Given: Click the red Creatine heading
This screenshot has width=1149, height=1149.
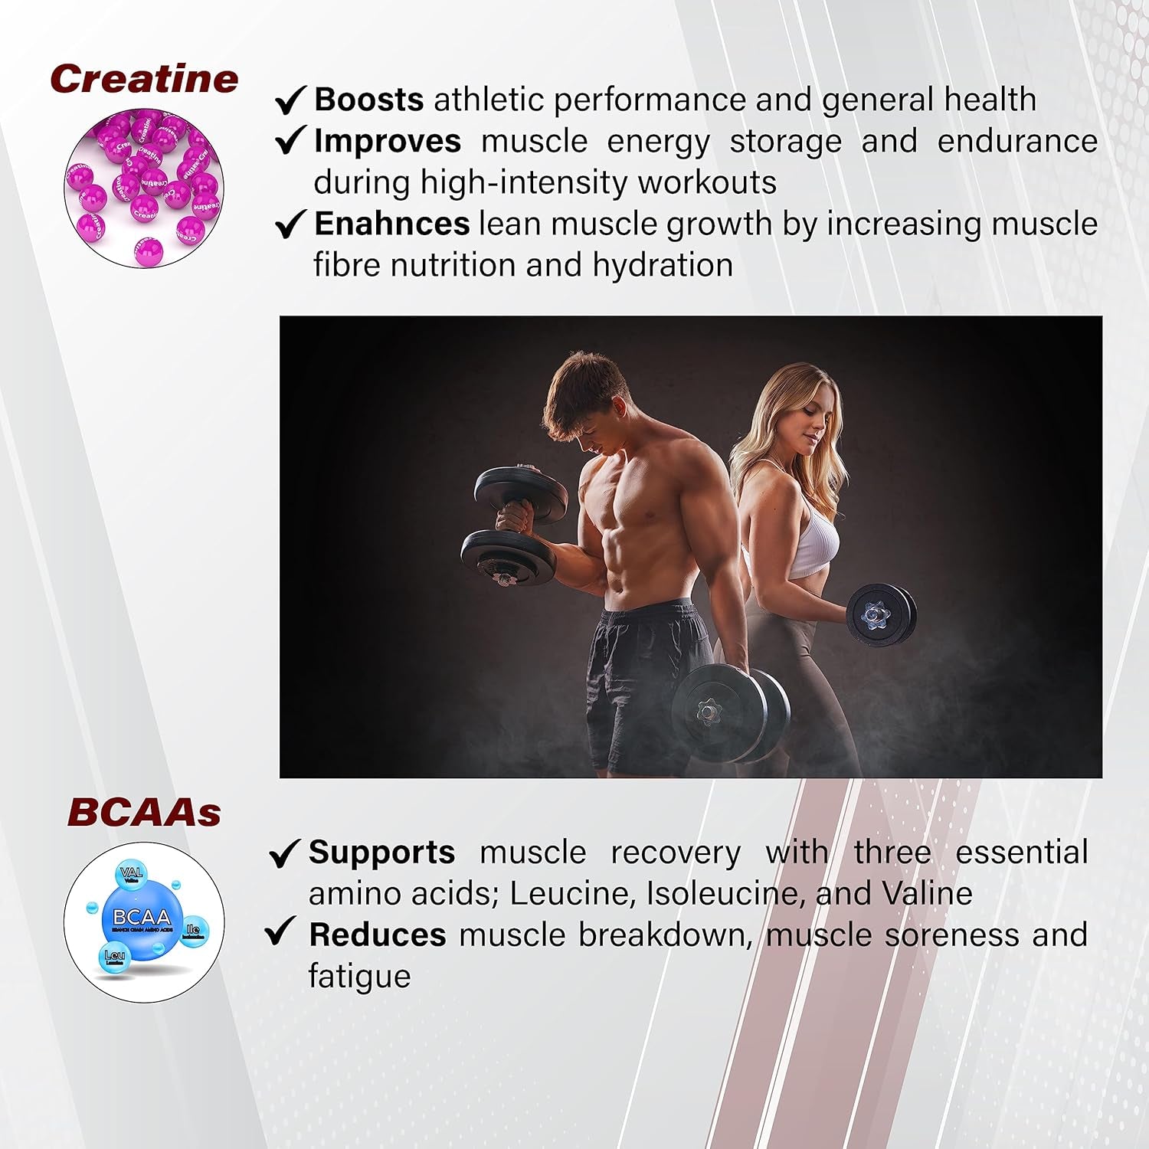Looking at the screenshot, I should (x=144, y=79).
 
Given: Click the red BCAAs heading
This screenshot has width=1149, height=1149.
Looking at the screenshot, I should (x=144, y=813).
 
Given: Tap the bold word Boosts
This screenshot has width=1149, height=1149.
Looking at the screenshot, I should (x=368, y=100).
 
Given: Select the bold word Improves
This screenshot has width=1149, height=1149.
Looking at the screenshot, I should (x=388, y=141).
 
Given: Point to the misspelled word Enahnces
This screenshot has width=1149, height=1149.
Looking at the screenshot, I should (x=391, y=224).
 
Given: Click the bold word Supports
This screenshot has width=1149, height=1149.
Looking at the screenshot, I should (x=381, y=852).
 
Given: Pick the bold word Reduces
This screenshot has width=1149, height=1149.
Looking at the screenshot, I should (x=377, y=935).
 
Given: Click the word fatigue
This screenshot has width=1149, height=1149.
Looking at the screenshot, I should (x=359, y=977).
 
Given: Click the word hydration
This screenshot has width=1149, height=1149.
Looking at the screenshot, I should (x=663, y=265).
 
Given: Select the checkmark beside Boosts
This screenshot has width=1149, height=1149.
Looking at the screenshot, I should (x=291, y=100).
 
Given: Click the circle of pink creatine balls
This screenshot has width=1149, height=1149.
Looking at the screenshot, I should (x=144, y=187).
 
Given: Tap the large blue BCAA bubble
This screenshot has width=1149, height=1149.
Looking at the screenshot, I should (x=142, y=918).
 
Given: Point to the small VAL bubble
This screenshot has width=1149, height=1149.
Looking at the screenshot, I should (x=132, y=874).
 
